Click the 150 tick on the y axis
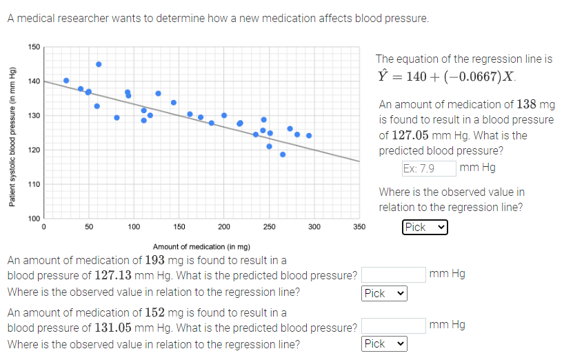click(34, 47)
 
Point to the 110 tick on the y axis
click(34, 184)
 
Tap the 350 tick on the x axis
click(359, 226)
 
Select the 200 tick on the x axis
click(224, 226)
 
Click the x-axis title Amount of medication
click(201, 246)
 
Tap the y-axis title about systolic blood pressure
click(12, 135)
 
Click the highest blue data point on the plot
click(99, 64)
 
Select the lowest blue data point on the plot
click(283, 154)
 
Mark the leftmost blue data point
click(66, 81)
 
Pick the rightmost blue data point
click(309, 135)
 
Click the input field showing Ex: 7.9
click(428, 168)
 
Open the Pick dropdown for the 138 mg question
click(425, 227)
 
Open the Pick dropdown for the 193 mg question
click(384, 294)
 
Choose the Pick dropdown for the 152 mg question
click(384, 343)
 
